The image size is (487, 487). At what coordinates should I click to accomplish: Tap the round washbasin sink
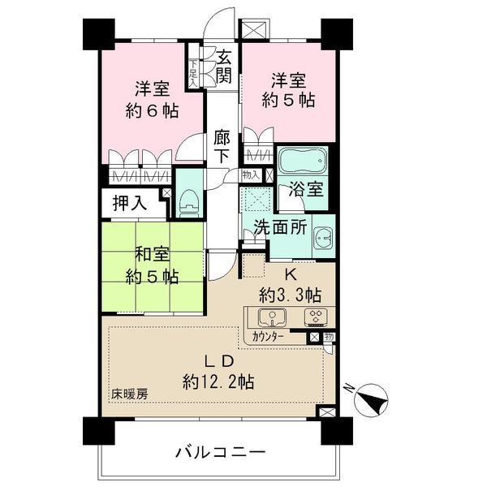321,238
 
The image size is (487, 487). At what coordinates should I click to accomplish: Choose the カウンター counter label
268,336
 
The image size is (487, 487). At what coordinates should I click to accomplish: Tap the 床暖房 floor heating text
130,395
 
